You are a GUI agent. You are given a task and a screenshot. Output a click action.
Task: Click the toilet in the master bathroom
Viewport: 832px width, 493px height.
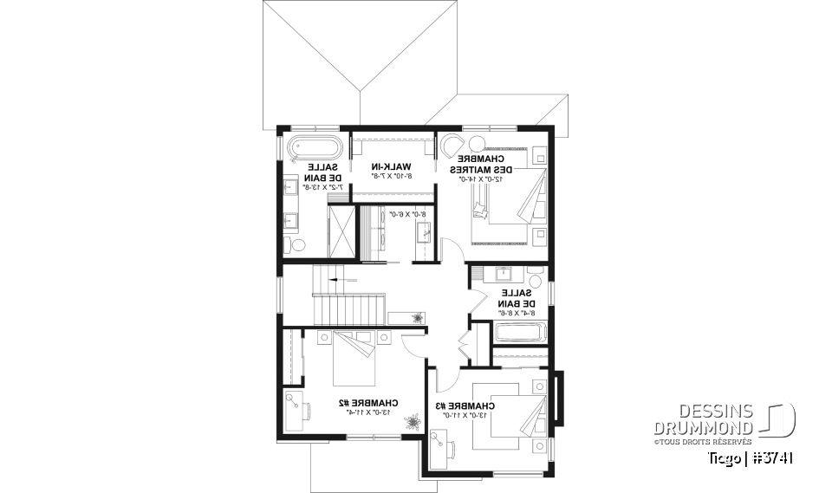(x=297, y=246)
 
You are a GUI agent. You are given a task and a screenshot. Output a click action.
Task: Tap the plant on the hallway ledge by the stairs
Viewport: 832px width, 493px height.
(x=419, y=317)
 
